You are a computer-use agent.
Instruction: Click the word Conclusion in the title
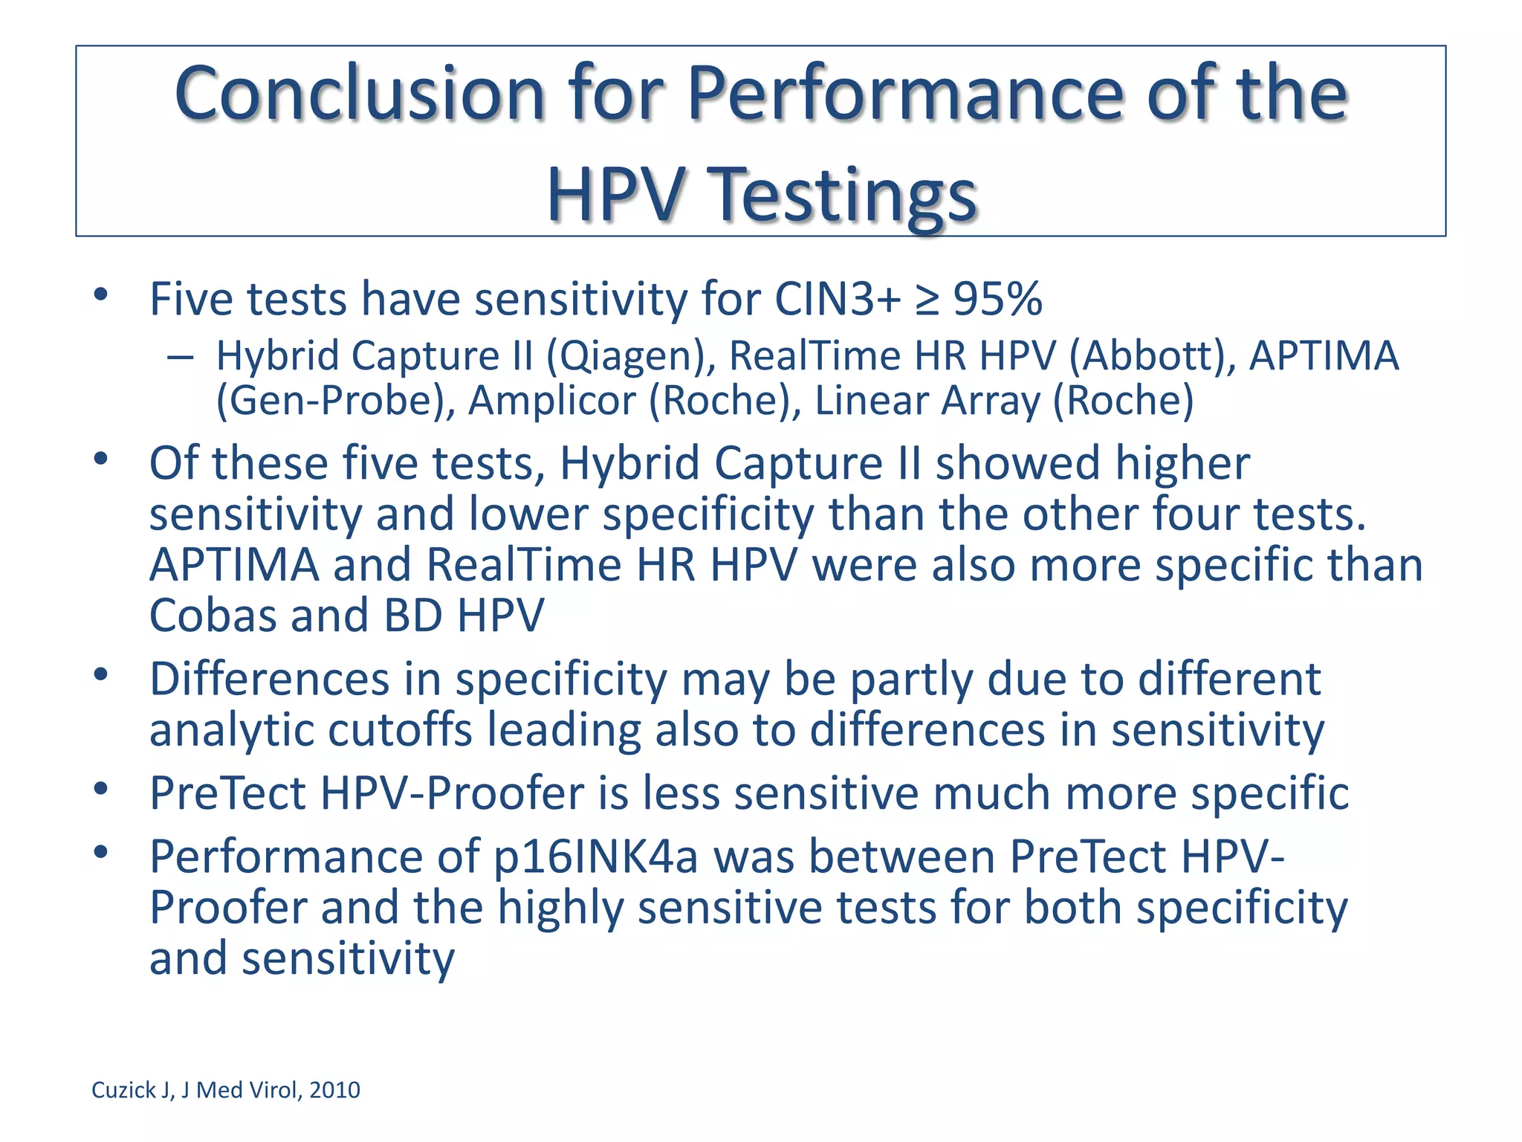pos(360,94)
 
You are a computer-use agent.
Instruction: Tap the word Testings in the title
pos(843,195)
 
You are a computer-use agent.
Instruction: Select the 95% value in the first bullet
pos(998,300)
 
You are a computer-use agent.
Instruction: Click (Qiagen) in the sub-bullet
pos(631,356)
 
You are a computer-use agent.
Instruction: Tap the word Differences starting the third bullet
pos(269,680)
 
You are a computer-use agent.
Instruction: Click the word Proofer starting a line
pos(228,908)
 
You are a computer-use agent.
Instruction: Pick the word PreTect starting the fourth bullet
pos(227,793)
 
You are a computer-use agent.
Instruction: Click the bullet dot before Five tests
pos(101,295)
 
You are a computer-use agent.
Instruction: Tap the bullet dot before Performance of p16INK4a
pos(101,853)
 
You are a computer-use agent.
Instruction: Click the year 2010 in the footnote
pos(334,1090)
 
